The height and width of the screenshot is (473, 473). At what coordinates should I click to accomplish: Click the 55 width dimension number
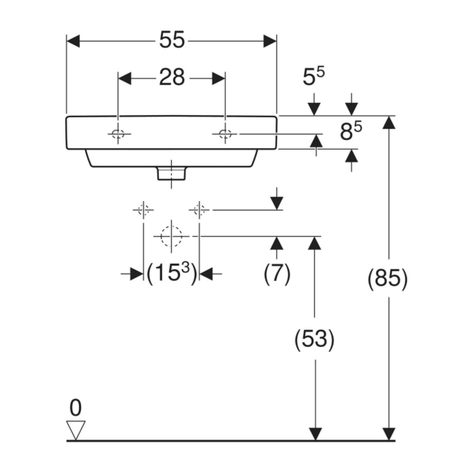click(172, 40)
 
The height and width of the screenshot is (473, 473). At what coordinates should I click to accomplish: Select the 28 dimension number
click(172, 77)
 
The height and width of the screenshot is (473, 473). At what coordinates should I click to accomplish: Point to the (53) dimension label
click(314, 339)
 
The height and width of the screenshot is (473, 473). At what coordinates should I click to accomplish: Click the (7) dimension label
click(277, 273)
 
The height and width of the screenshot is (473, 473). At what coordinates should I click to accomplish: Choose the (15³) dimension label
click(172, 273)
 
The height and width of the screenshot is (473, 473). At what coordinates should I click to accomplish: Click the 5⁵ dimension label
click(313, 77)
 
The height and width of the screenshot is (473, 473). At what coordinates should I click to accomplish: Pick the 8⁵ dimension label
click(351, 132)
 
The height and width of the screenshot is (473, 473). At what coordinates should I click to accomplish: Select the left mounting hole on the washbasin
click(118, 133)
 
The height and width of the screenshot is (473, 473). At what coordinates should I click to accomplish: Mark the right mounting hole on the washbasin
click(225, 133)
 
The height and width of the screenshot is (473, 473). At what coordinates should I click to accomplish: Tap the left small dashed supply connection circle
click(143, 210)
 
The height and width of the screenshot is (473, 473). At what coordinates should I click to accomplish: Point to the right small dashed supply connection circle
click(199, 210)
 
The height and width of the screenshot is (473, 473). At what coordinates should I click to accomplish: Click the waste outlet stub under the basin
click(171, 174)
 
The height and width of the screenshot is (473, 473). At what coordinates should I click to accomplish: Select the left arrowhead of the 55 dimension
click(73, 41)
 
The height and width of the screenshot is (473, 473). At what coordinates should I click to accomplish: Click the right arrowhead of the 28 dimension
click(218, 79)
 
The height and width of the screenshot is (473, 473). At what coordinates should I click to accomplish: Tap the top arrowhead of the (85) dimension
click(389, 122)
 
